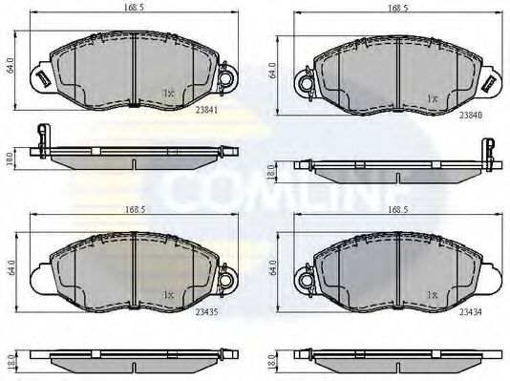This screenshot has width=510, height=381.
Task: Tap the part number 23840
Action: [471, 116]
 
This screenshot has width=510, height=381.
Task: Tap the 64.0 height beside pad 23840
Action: [273, 72]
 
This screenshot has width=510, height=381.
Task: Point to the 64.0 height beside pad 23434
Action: [273, 265]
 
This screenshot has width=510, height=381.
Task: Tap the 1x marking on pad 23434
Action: [431, 294]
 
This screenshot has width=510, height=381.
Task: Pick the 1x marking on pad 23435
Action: [168, 293]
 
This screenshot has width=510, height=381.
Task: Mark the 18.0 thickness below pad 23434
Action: [273, 363]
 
